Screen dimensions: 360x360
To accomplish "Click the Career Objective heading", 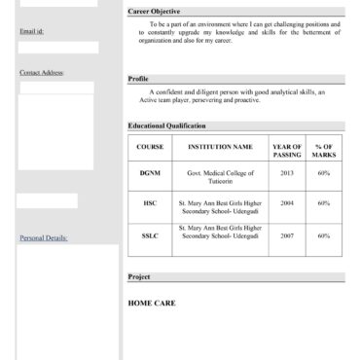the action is [x=154, y=11].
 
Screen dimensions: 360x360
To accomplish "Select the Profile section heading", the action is [x=138, y=79].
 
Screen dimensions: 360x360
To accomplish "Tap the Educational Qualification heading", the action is [x=166, y=126].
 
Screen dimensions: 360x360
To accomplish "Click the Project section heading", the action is [x=139, y=276].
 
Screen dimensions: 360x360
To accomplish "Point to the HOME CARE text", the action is [x=152, y=303].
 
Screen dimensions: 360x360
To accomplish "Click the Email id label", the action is [x=31, y=31].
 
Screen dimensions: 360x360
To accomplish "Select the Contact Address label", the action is [x=42, y=73].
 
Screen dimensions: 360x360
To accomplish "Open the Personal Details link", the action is [x=44, y=237].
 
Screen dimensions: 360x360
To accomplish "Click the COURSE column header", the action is [x=150, y=147].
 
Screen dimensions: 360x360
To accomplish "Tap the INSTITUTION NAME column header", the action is [x=220, y=147].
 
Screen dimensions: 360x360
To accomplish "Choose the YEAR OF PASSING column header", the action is [x=287, y=151].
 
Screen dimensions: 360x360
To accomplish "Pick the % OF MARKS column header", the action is [x=324, y=151].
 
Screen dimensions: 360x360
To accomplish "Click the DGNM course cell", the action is [x=150, y=173].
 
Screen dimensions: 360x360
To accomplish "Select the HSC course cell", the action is [x=150, y=203].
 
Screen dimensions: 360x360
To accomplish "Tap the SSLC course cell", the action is [x=150, y=235].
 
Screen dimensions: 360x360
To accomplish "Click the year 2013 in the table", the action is [x=287, y=173].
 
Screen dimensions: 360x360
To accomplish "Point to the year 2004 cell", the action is [x=287, y=203].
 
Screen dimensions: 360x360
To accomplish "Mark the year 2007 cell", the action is [x=287, y=235].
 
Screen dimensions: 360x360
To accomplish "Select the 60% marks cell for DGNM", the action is [x=324, y=173].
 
